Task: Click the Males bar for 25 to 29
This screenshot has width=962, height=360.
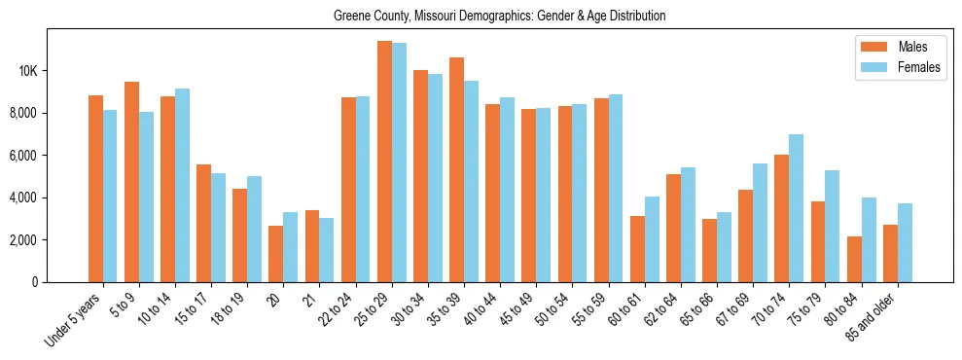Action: coord(384,162)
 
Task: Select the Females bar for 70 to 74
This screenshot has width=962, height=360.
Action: coord(796,208)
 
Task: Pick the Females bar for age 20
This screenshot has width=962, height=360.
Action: coord(291,247)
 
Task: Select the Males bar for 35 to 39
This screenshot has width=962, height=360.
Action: coord(456,170)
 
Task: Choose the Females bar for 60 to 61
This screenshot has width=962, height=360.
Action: coord(652,239)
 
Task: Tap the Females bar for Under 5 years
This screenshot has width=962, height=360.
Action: coord(110,196)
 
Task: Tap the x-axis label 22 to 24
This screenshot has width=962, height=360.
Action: coord(342,309)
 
